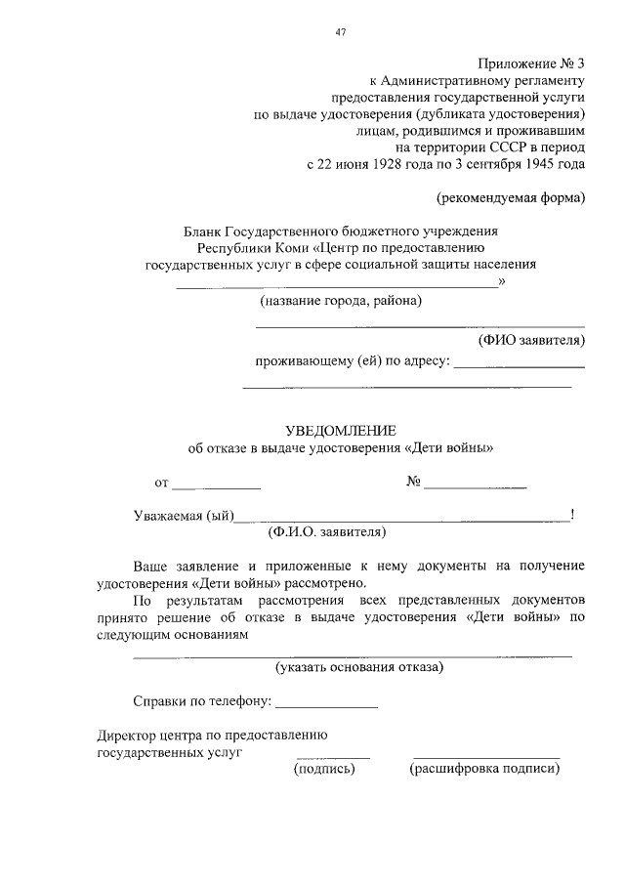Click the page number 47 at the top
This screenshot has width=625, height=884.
coord(341,31)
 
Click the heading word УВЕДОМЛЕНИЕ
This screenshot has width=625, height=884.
coord(341,431)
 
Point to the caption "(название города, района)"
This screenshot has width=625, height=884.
coord(341,302)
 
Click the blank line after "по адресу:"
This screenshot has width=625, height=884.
coord(520,365)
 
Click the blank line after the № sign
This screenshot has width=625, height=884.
coord(476,485)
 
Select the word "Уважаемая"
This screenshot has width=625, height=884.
coord(168,516)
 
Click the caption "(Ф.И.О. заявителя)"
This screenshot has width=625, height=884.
coord(327,533)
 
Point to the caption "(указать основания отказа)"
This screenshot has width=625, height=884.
coord(359,668)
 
